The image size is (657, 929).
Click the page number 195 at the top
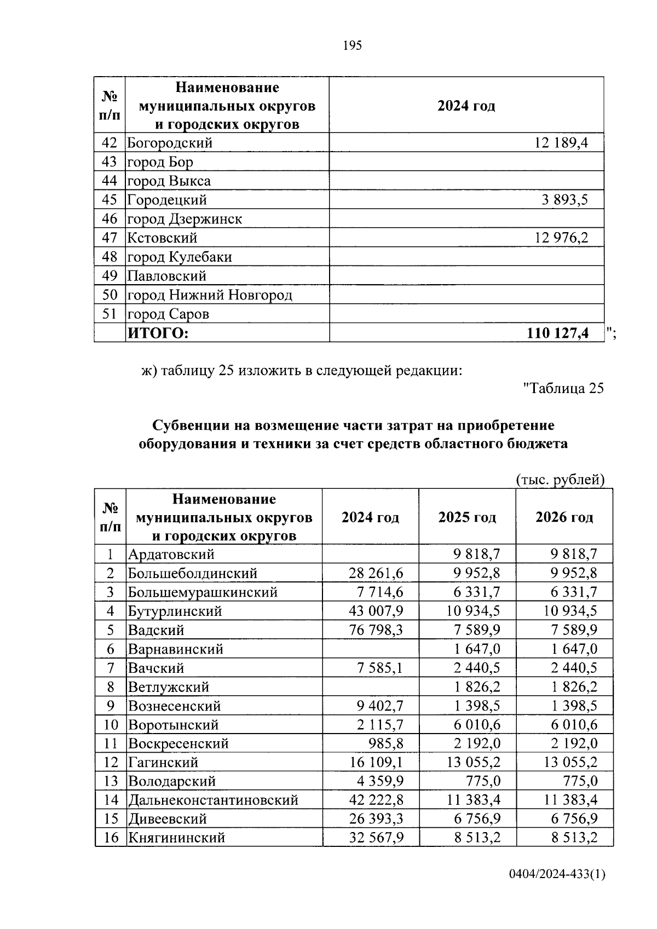(x=352, y=45)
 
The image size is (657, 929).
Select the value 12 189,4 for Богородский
(x=561, y=143)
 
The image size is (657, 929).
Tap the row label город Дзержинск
(x=185, y=219)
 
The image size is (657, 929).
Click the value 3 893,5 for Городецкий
(x=565, y=200)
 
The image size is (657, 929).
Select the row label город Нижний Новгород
(x=210, y=295)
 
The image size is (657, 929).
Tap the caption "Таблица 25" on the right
(x=563, y=388)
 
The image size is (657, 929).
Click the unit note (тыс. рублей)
(x=560, y=480)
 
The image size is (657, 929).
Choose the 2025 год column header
(x=467, y=517)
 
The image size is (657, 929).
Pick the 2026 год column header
(x=564, y=517)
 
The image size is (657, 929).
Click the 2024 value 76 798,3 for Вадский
(x=376, y=630)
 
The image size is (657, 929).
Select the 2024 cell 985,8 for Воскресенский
(x=386, y=743)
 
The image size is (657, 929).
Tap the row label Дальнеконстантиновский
(x=213, y=800)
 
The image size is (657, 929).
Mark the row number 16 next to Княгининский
(x=111, y=838)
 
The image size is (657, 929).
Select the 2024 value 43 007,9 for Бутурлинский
(x=376, y=611)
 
